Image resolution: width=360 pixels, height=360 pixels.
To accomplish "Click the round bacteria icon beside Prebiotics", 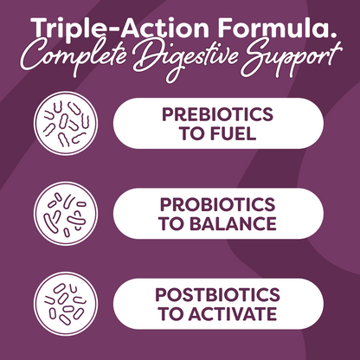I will point(66,125).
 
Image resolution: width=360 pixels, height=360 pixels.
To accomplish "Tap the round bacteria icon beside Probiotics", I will point(66,215).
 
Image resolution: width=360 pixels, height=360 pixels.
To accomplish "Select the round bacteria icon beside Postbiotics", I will point(66,305).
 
